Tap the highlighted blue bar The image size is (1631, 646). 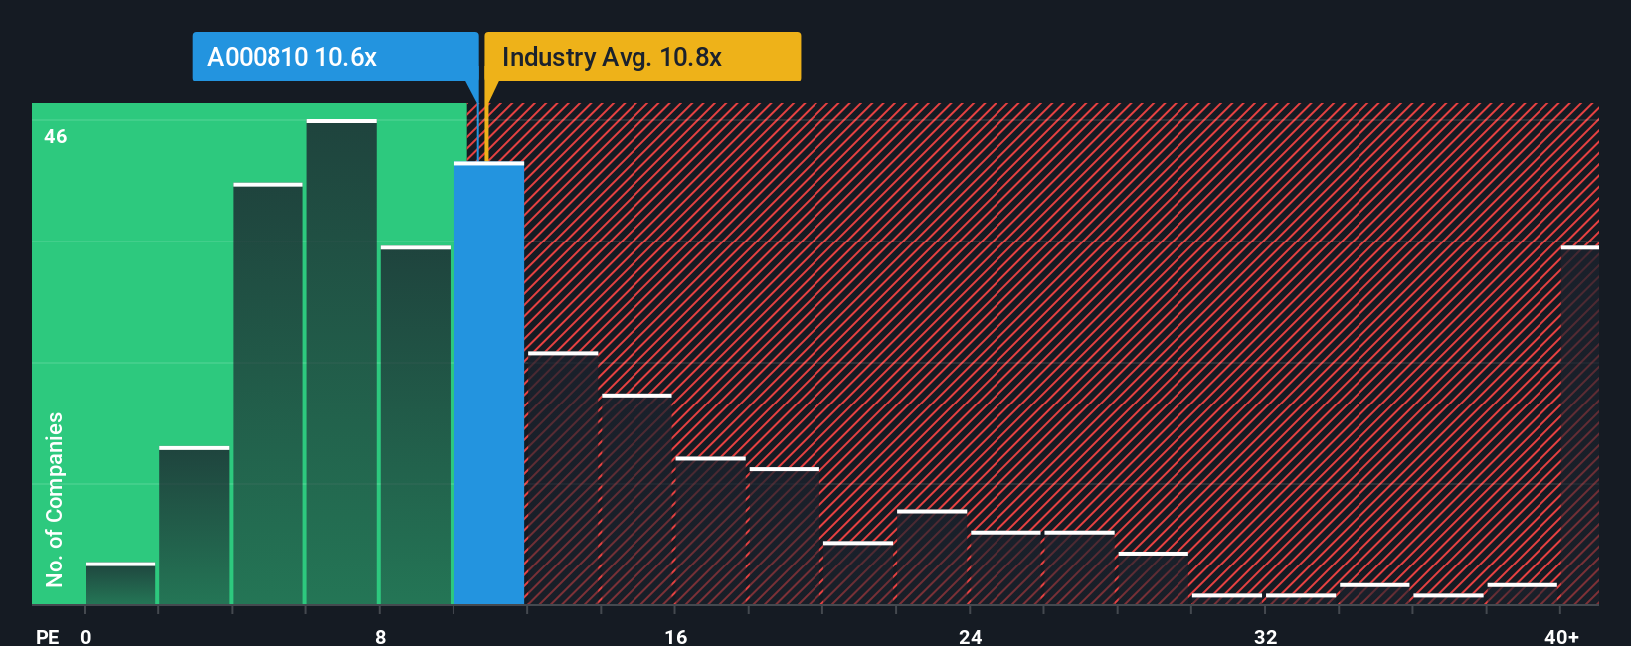coord(489,383)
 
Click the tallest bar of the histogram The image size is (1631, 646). coord(341,363)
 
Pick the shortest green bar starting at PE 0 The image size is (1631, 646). coord(120,584)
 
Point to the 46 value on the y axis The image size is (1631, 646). coord(56,136)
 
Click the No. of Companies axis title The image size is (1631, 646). coord(55,499)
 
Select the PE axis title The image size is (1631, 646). coord(47,636)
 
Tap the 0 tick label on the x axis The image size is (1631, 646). coord(86,636)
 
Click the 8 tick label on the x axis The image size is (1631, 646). coord(381,636)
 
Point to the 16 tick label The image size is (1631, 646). coord(675,636)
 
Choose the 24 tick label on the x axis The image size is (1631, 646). coord(971,636)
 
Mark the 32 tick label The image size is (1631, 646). coord(1265,636)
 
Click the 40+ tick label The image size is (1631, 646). coord(1561,636)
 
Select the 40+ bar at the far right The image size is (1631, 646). coord(1579,425)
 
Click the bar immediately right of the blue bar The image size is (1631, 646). coord(563,478)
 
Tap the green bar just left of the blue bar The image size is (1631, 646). coord(416,425)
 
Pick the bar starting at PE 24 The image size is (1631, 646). coord(1005,568)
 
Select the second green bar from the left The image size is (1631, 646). coord(194,526)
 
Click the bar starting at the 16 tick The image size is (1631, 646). coord(710,531)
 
